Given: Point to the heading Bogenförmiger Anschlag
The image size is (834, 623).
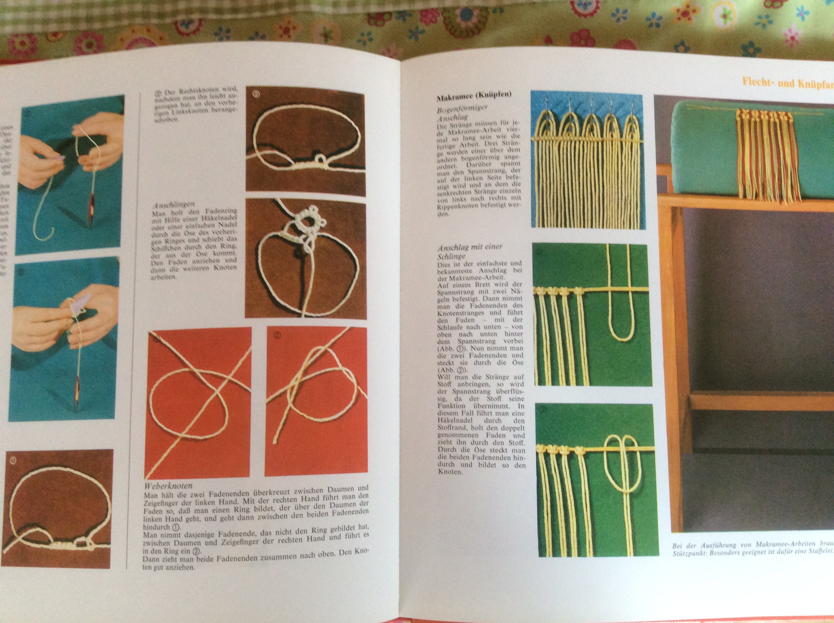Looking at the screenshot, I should coord(461,113).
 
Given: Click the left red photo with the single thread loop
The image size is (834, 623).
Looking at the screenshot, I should coord(198,402).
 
